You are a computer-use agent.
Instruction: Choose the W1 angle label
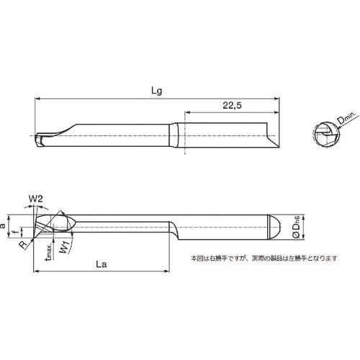(x=65, y=248)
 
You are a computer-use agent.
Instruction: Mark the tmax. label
(x=47, y=253)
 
